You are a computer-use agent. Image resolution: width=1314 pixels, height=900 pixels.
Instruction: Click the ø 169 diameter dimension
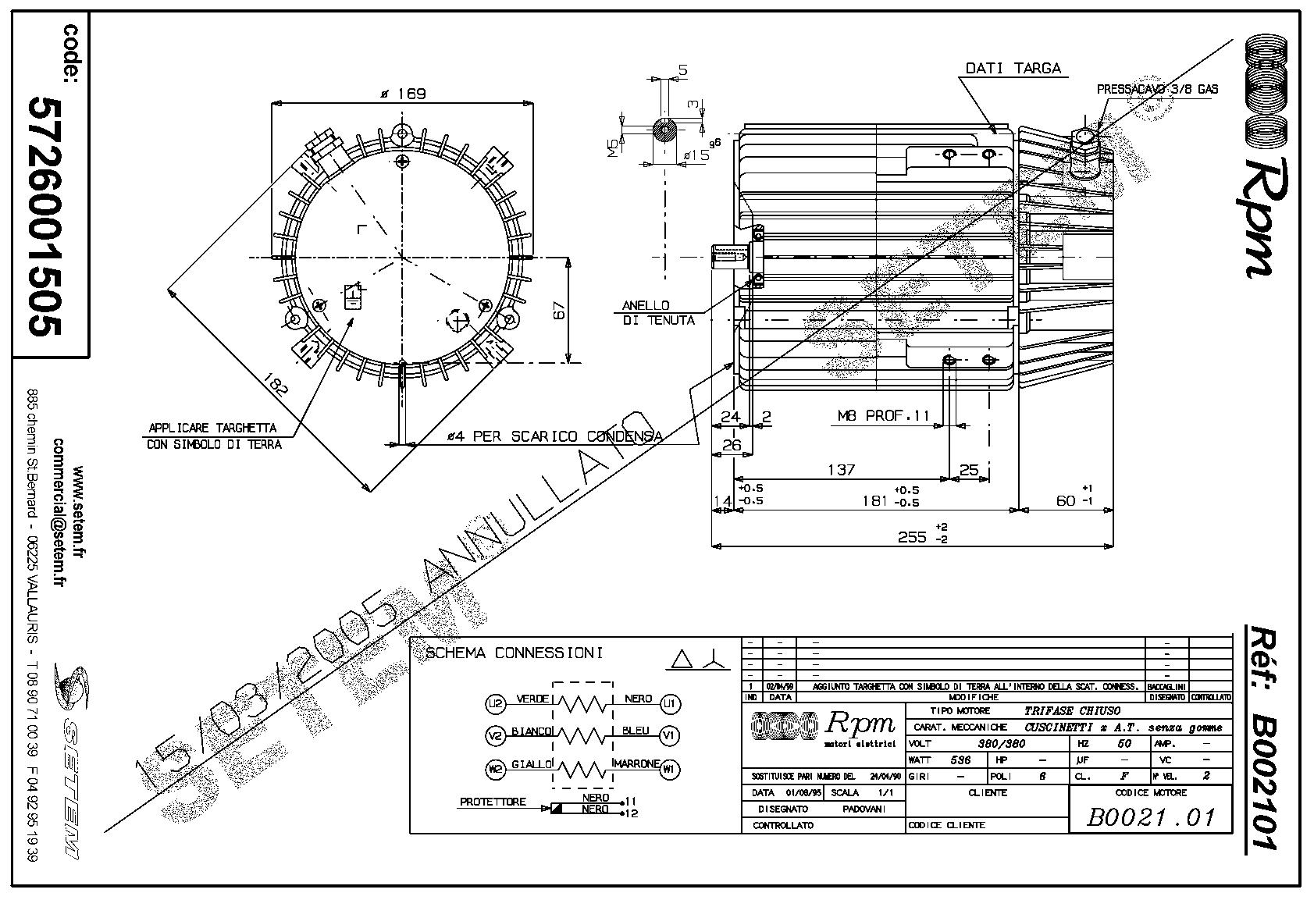click(x=403, y=94)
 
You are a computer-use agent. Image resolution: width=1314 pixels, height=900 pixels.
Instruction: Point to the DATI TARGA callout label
click(x=1013, y=69)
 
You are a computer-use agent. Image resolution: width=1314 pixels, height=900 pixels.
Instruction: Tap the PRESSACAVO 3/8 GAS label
click(x=1157, y=90)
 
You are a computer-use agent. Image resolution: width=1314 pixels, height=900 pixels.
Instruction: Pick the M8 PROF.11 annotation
click(x=884, y=416)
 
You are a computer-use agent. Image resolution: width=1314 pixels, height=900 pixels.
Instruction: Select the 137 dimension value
click(x=841, y=470)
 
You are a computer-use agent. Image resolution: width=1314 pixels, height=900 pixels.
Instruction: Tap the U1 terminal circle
click(x=669, y=703)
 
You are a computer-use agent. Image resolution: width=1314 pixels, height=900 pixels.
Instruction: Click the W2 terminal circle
click(x=496, y=769)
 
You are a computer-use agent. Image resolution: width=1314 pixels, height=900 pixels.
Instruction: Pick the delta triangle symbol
click(x=682, y=660)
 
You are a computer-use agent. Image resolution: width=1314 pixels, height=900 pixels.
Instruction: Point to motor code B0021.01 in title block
click(x=1151, y=816)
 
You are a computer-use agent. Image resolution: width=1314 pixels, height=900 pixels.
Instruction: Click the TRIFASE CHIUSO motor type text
click(x=1072, y=711)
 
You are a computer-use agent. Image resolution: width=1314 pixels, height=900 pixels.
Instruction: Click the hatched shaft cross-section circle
click(x=664, y=130)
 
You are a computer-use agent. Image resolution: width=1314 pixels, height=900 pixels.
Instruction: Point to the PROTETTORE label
click(x=492, y=802)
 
